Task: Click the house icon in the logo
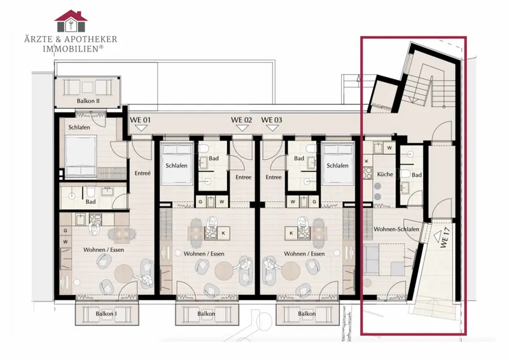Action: tap(71, 21)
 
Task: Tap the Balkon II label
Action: tap(88, 101)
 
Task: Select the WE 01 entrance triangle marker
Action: tap(141, 128)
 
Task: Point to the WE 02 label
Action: tap(241, 120)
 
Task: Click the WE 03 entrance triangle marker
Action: tap(272, 128)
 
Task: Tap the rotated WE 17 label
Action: tap(445, 239)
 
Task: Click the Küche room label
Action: tap(385, 174)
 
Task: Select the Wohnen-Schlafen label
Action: tap(396, 229)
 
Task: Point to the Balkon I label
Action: tap(106, 314)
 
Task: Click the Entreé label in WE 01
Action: tap(143, 174)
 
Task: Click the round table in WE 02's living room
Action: tap(224, 271)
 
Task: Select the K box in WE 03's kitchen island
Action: tap(291, 233)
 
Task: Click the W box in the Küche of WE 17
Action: tap(389, 148)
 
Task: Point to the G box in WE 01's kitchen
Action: tap(66, 231)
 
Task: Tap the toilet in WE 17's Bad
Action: tap(406, 174)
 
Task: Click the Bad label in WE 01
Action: tap(90, 202)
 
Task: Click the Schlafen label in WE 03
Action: tap(337, 165)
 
